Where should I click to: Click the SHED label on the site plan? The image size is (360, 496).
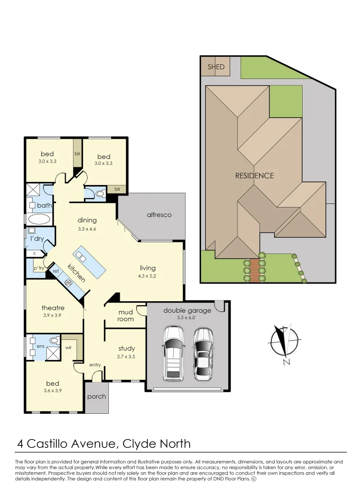tap(216, 67)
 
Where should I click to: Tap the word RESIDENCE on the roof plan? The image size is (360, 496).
tap(254, 175)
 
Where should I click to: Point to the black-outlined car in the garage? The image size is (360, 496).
tap(203, 353)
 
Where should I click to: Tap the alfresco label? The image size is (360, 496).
tap(159, 214)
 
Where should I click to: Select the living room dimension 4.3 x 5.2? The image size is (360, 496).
tap(147, 276)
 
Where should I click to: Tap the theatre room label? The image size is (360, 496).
tap(53, 308)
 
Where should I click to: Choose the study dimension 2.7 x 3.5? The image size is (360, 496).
tap(127, 356)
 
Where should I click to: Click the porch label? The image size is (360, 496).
tap(96, 396)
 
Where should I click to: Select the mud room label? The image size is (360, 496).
tap(125, 316)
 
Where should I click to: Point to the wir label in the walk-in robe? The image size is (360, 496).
tap(68, 348)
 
